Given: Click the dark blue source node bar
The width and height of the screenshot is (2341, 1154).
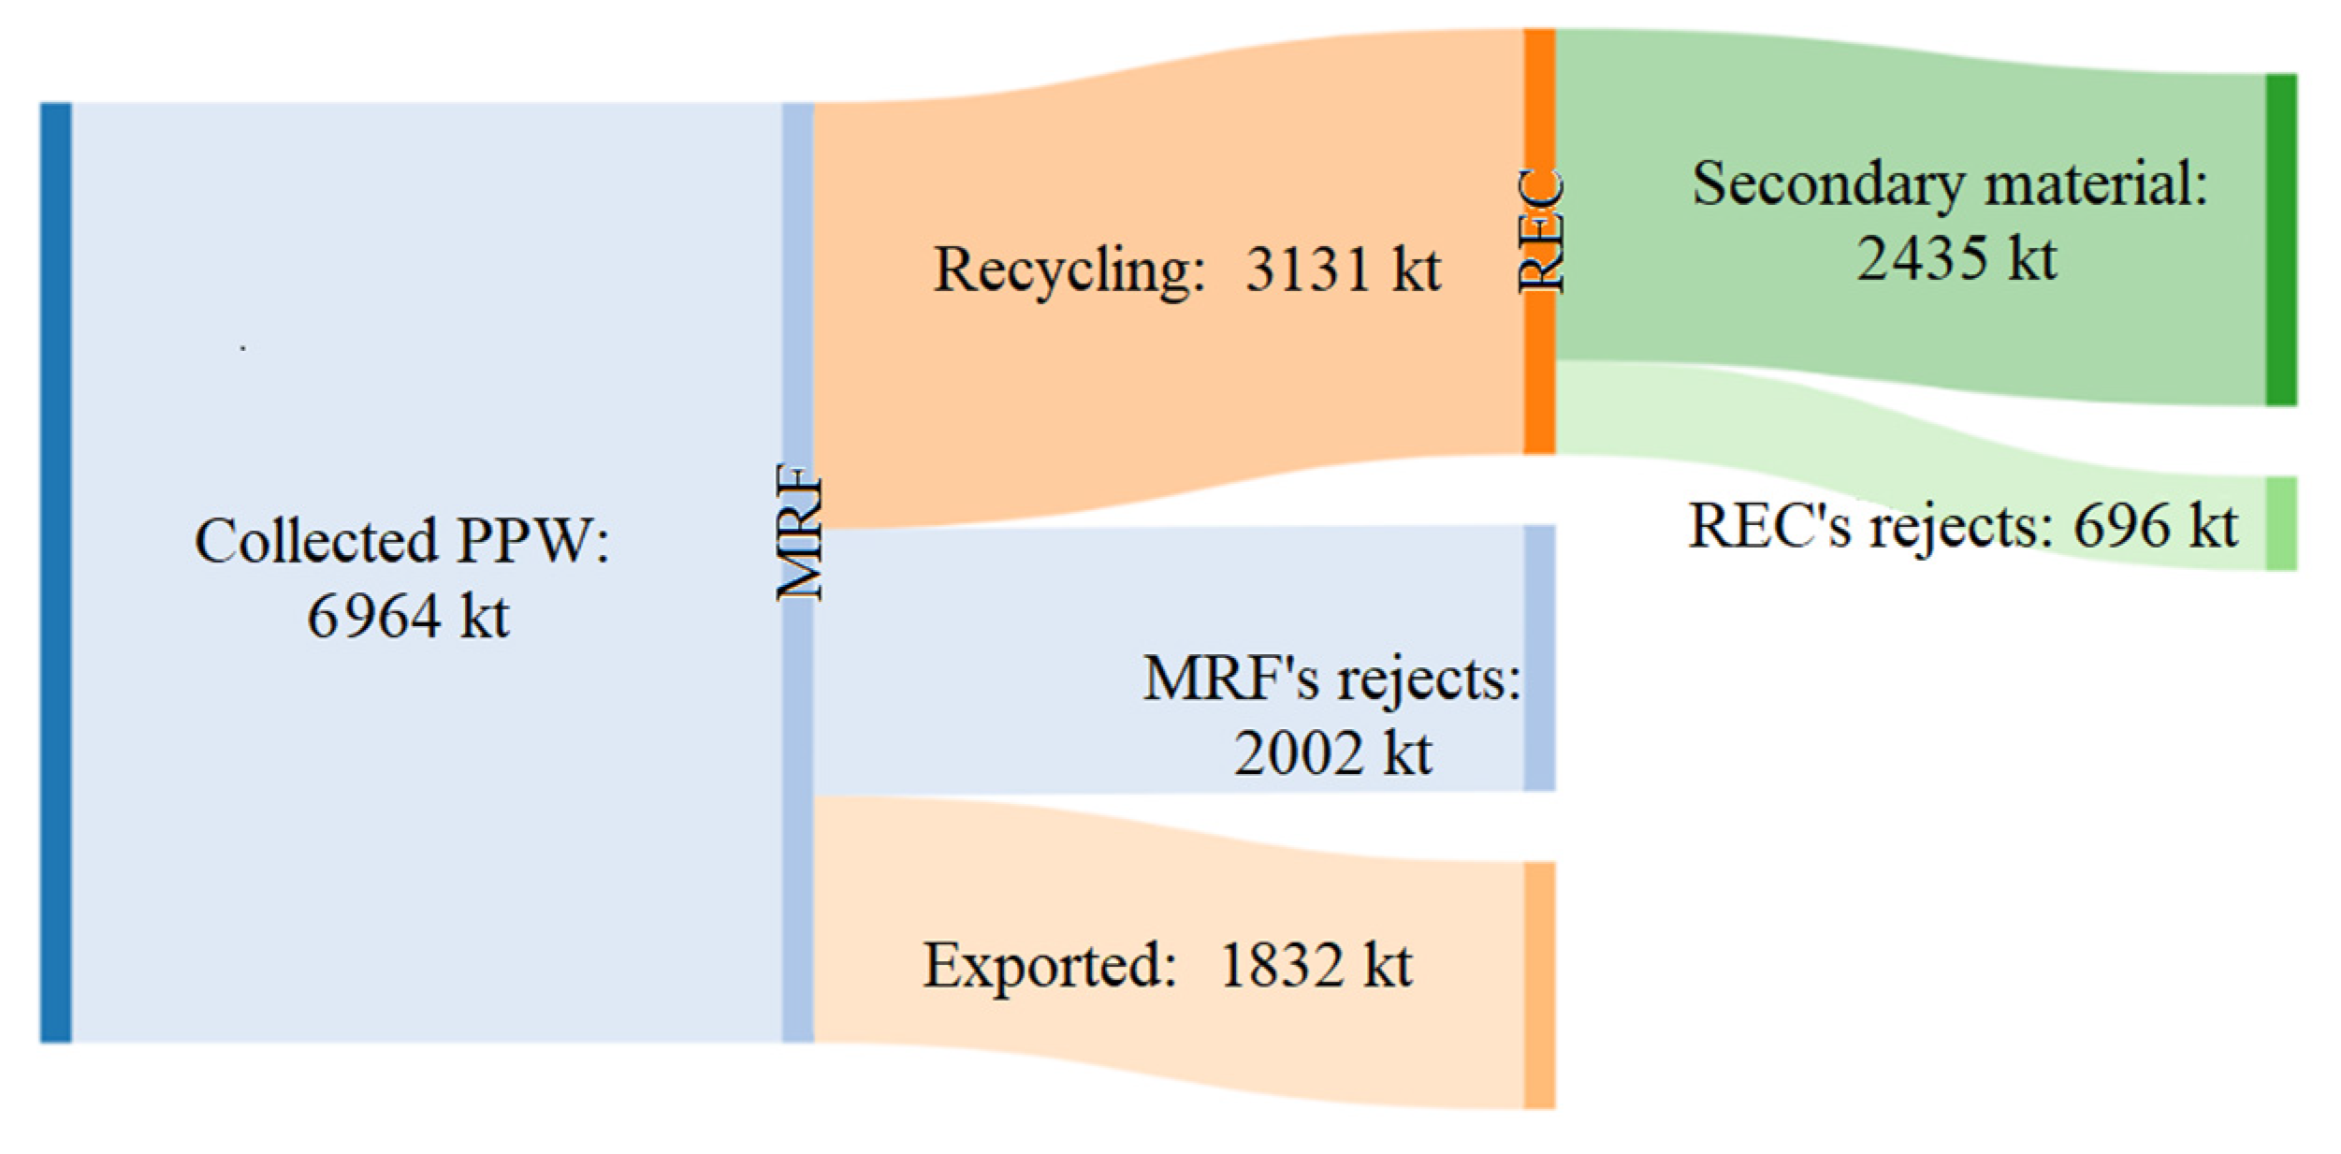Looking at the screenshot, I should coord(55,572).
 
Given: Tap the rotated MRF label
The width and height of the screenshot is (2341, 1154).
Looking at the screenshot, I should coord(799,532).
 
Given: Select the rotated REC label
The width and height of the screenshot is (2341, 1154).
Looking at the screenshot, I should coord(1539,230).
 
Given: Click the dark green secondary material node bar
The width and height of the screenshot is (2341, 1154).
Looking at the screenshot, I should coord(2281,240).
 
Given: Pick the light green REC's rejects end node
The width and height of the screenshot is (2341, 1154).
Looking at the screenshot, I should coord(2281,523).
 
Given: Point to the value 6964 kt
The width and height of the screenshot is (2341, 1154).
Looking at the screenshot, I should coord(408,617).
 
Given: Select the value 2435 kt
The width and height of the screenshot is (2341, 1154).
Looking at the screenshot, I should coord(1956,258).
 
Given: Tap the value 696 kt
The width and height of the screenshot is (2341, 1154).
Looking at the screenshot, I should coord(2155,526).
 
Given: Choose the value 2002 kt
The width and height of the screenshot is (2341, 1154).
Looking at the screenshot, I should coord(1331,752).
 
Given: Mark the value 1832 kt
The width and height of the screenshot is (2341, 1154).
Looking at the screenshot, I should coord(1316,965).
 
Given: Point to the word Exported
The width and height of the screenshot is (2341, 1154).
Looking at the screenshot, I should coord(1049,965).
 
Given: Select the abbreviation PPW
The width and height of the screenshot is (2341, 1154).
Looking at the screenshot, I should coord(531,541).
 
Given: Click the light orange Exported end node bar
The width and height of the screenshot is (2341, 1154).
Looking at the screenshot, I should coord(1539,986).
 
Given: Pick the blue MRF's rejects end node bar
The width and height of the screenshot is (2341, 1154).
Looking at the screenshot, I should coord(1539,658).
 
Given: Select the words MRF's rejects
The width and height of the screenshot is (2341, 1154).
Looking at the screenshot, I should coord(1330,679).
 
